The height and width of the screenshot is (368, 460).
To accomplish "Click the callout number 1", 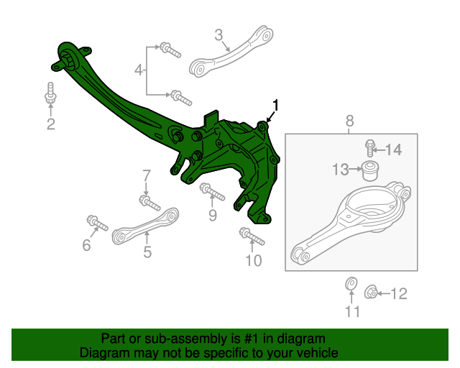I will click(x=275, y=105).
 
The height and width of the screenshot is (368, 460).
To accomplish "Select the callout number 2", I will click(x=50, y=125).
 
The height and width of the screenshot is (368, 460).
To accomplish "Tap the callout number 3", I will click(x=219, y=33).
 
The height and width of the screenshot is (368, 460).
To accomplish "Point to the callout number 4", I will click(x=139, y=70).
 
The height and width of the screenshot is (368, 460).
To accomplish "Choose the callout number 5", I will click(x=147, y=252).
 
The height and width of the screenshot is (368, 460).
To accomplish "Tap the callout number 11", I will click(x=351, y=311).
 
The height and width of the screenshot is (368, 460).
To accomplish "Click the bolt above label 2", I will click(x=51, y=93).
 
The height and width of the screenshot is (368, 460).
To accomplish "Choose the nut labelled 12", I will click(x=371, y=292).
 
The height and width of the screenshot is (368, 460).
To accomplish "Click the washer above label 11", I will click(x=351, y=285).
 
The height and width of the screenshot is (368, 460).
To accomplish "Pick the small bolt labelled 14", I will click(x=370, y=148).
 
